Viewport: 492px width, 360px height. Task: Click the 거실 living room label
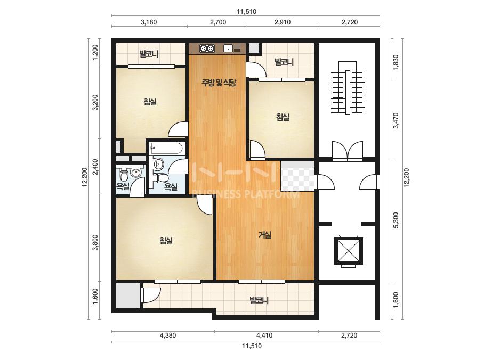[x=265, y=235]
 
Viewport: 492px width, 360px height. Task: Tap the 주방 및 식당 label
[x=219, y=83]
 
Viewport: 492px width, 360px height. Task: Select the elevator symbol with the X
[x=348, y=251]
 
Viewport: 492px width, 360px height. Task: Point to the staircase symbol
[x=348, y=88]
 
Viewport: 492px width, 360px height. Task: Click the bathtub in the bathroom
[x=166, y=148]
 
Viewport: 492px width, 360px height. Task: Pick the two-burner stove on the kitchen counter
[x=207, y=48]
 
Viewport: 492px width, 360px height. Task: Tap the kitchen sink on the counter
[x=232, y=48]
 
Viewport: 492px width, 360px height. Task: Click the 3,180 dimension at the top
[x=148, y=22]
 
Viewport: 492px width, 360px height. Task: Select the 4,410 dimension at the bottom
[x=264, y=335]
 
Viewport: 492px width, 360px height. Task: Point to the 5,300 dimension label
[x=396, y=220]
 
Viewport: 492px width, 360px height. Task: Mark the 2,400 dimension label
[x=95, y=167]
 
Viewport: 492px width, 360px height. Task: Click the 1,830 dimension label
[x=396, y=63]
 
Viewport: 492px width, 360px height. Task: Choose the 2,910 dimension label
[x=283, y=22]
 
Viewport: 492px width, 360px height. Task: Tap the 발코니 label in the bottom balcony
[x=259, y=301]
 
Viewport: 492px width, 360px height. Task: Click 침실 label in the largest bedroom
[x=166, y=241]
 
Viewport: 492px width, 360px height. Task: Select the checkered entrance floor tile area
[x=297, y=179]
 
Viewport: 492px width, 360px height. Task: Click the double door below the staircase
[x=348, y=151]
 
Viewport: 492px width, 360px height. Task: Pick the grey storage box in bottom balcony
[x=128, y=296]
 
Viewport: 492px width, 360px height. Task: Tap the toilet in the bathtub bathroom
[x=162, y=178]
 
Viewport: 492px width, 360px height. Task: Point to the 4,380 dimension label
[x=168, y=335]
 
